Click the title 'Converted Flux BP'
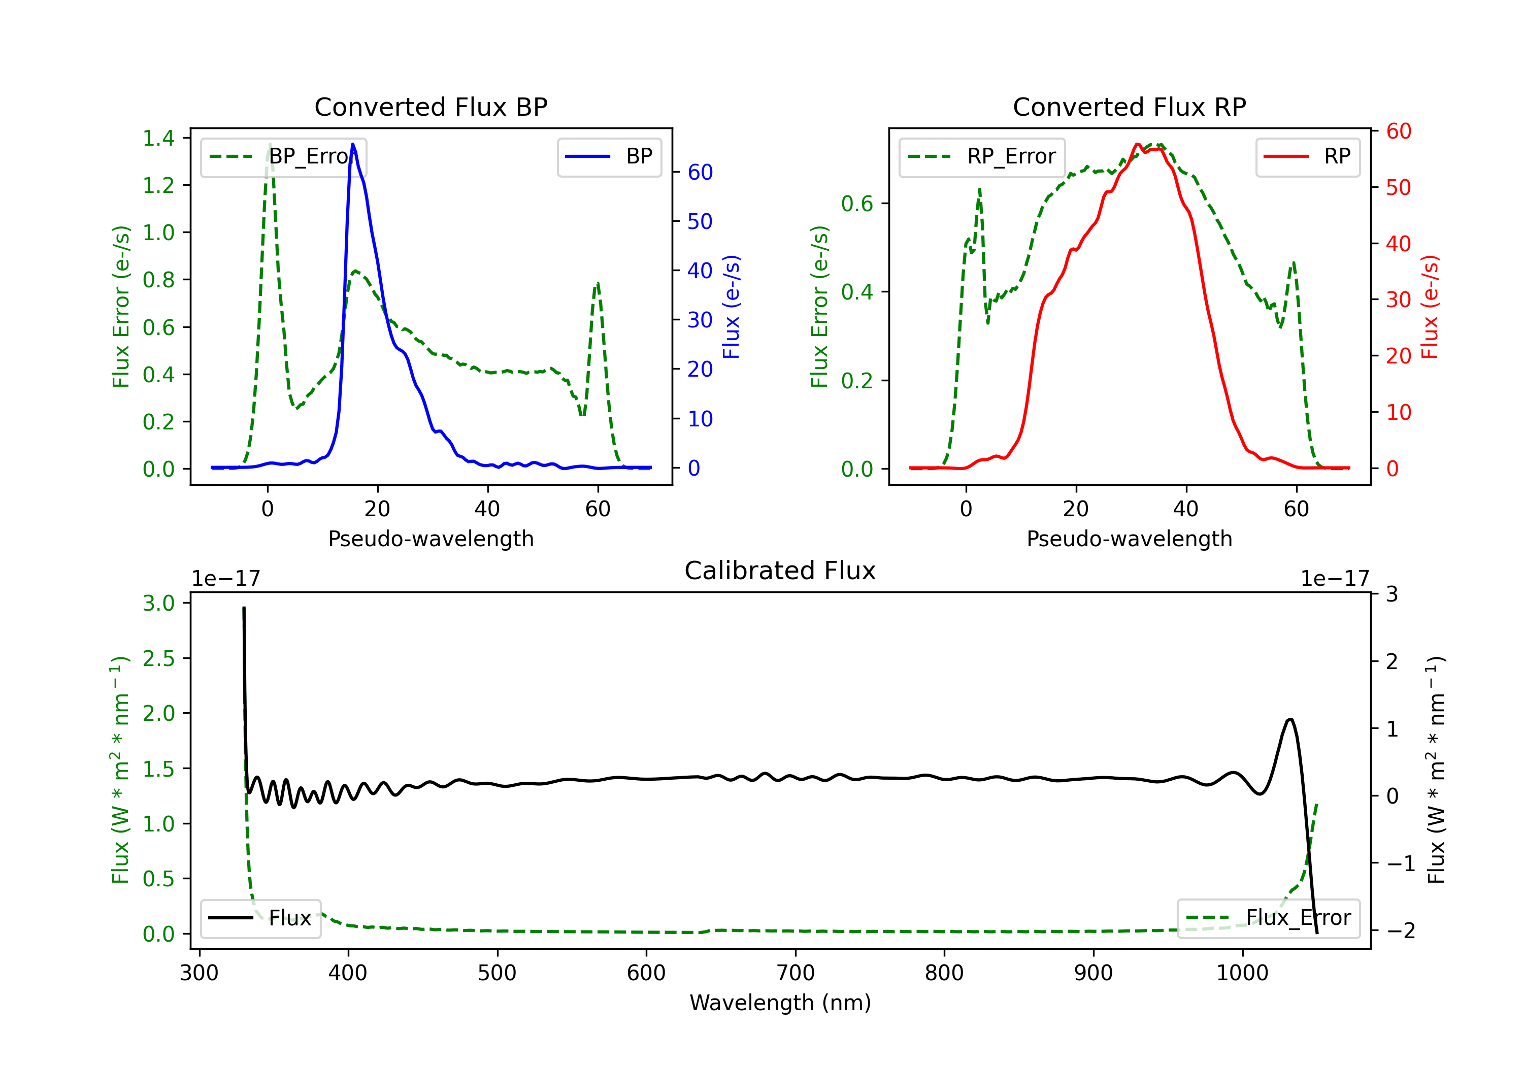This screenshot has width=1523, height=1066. (431, 107)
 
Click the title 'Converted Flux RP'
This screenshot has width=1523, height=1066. (1129, 107)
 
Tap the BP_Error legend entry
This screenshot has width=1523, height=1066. (284, 156)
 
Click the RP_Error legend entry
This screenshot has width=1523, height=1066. (982, 156)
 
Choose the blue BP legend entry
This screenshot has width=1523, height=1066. (610, 156)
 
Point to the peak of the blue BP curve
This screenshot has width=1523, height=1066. (353, 144)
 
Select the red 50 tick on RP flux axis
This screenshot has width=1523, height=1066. (1398, 188)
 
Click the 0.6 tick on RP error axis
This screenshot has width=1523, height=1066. (857, 204)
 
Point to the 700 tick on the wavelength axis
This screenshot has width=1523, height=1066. (796, 973)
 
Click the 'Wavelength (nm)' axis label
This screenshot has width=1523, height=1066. (780, 1003)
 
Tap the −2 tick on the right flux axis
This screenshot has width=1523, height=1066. (1400, 930)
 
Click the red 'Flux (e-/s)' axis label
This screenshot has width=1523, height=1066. (1430, 307)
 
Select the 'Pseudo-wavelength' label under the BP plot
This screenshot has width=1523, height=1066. (431, 539)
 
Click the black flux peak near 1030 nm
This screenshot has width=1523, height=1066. (1289, 720)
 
